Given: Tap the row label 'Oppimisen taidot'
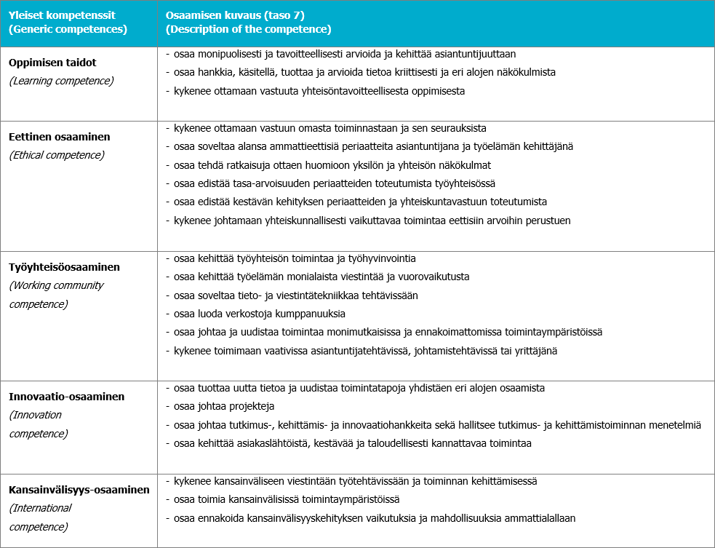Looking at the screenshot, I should point(52,63).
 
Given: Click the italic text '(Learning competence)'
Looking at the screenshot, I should point(61,81).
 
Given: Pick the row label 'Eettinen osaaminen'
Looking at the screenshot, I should point(60,136).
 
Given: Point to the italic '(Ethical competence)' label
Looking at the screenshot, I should point(57,154).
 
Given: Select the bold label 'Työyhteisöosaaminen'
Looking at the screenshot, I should point(64,267).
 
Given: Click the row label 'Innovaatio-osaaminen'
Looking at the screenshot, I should point(66,397).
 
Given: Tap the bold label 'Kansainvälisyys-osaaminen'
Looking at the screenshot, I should point(79,490).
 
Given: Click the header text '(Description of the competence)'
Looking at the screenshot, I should point(248,30).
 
